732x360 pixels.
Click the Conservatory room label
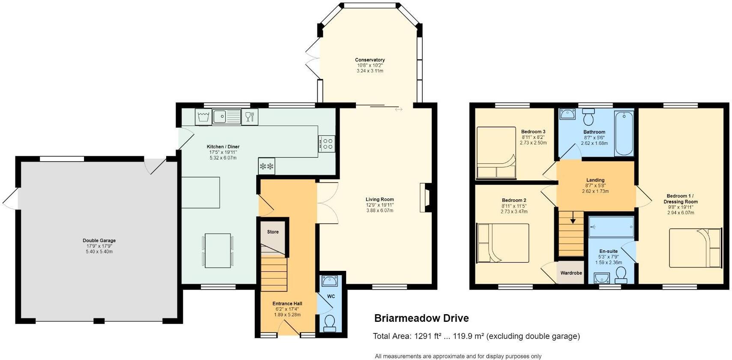point(370,60)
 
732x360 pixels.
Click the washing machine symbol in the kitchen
point(203,116)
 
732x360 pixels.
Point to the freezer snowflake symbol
point(266,166)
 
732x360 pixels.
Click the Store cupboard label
point(273,232)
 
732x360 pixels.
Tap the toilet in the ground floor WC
point(330,324)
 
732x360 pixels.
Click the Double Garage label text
point(99,240)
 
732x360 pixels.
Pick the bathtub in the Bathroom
point(624,133)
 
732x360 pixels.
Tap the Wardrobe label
point(571,273)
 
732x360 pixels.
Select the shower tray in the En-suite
point(611,226)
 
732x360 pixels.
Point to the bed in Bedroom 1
point(695,248)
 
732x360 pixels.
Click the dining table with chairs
point(218,251)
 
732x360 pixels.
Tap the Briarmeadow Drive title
point(421,318)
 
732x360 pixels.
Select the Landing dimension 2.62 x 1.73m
point(595,191)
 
